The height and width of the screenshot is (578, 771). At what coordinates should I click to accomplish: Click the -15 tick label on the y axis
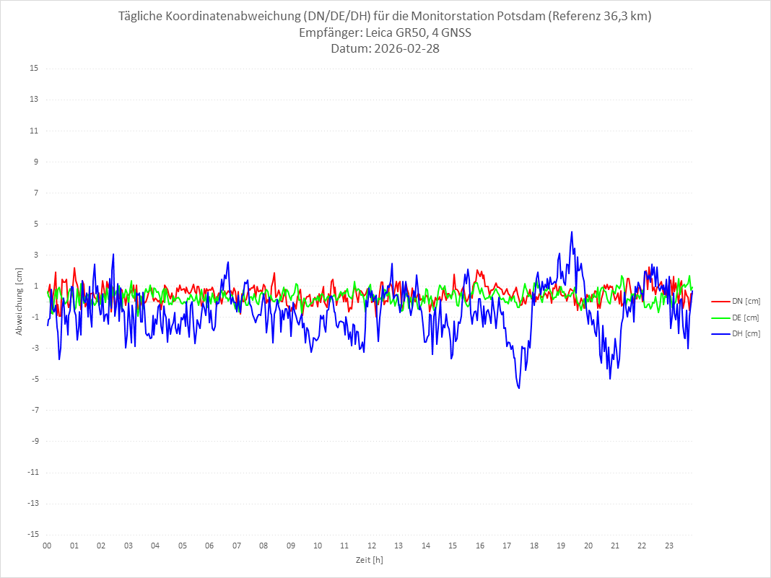pyautogui.click(x=33, y=534)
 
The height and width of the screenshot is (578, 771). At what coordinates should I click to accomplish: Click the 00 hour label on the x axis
pyautogui.click(x=47, y=546)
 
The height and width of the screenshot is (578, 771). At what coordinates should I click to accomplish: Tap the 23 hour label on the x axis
pyautogui.click(x=669, y=546)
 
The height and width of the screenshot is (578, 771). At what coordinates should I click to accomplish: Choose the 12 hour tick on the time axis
pyautogui.click(x=372, y=546)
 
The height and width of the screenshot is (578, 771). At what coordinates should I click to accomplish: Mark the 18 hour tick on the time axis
pyautogui.click(x=534, y=546)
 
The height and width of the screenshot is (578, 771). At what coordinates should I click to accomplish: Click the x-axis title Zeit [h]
pyautogui.click(x=369, y=559)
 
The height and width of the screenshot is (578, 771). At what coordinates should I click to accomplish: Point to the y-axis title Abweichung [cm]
pyautogui.click(x=19, y=301)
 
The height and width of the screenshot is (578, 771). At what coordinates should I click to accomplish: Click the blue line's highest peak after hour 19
pyautogui.click(x=572, y=232)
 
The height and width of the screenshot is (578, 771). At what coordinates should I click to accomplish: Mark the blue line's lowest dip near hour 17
pyautogui.click(x=518, y=388)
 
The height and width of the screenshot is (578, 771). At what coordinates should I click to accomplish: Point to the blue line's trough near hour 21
pyautogui.click(x=610, y=379)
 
